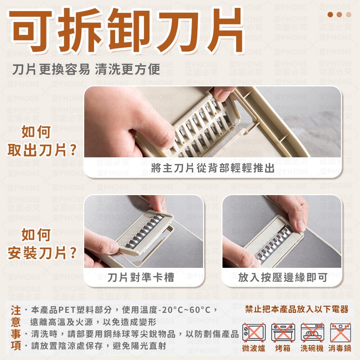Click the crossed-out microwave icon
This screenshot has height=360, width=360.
[254, 332]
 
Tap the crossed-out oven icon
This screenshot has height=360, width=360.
[283, 332]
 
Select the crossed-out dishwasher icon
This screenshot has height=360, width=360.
[312, 332]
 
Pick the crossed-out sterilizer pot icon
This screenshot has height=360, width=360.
[341, 332]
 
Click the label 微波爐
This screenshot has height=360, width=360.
[254, 348]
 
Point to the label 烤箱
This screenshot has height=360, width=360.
[283, 348]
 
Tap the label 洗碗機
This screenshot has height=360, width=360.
[312, 348]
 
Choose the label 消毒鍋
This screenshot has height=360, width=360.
[340, 348]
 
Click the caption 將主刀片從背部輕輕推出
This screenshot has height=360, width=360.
[213, 168]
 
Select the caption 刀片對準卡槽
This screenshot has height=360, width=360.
[141, 277]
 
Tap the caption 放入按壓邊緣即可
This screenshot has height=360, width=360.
[283, 277]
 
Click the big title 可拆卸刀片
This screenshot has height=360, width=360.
[126, 30]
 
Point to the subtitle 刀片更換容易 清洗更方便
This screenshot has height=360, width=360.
[86, 69]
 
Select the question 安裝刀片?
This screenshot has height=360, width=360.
[42, 253]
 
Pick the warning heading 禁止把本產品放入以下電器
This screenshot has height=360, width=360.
[297, 309]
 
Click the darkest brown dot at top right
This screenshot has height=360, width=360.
[330, 14]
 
